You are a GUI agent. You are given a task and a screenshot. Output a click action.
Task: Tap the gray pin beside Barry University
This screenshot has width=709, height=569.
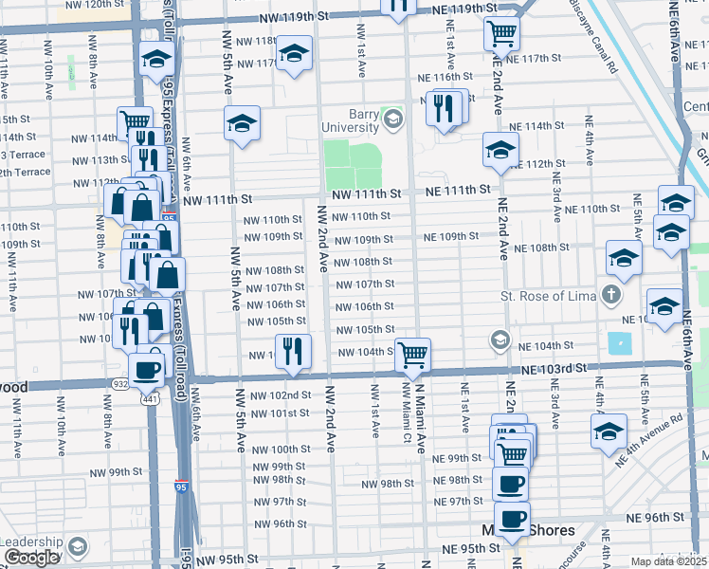pos(392,119)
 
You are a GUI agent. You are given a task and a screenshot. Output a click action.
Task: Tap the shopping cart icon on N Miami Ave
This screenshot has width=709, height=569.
pos(412,356)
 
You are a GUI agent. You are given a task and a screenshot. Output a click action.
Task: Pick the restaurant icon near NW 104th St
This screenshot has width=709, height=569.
pos(294,351)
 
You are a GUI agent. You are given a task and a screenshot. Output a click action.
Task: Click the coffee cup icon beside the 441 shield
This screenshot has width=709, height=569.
pos(146,370)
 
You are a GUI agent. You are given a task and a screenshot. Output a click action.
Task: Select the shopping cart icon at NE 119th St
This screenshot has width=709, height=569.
pos(501,34)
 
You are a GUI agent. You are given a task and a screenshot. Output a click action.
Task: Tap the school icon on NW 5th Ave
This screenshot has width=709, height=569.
pos(243,122)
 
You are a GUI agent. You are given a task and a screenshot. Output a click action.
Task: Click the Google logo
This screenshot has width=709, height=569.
pos(31,558)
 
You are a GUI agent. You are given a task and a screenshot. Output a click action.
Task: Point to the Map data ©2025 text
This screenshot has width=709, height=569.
pos(668,561)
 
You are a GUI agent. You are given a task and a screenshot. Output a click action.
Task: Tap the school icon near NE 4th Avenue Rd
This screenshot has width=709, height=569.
pos(608,431)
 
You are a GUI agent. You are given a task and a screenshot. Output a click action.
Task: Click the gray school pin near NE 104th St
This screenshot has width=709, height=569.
pos(500,340)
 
